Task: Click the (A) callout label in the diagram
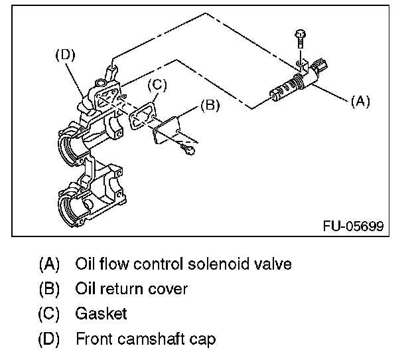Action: tap(359, 101)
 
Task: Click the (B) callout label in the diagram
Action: tap(210, 104)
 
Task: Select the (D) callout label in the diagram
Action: tap(65, 55)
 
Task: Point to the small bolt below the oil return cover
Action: tap(190, 151)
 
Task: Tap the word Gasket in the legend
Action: tap(101, 314)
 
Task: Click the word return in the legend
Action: tap(131, 289)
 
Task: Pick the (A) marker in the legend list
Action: tap(49, 264)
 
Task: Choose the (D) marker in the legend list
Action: tap(49, 339)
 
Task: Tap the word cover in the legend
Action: tap(171, 289)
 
